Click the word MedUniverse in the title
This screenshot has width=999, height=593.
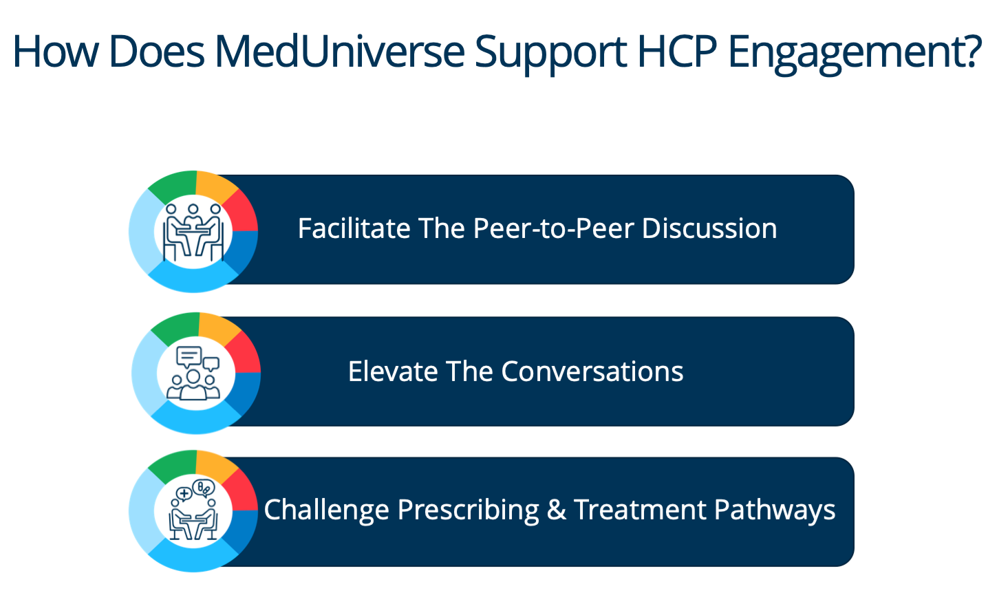coord(340,52)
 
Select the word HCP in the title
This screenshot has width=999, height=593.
coord(678,52)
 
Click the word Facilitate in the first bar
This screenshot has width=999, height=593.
coord(354,228)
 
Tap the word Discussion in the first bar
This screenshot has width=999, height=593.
coord(709,228)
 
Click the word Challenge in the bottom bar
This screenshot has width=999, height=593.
coord(326,510)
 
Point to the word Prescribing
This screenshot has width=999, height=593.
coord(469,510)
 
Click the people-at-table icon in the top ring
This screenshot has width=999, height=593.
coord(193,233)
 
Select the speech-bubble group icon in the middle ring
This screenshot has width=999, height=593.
coord(193,373)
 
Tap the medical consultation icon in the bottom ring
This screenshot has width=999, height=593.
coord(193,510)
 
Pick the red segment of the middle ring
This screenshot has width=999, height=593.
coord(244,354)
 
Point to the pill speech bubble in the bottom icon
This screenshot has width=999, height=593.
coord(204,488)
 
